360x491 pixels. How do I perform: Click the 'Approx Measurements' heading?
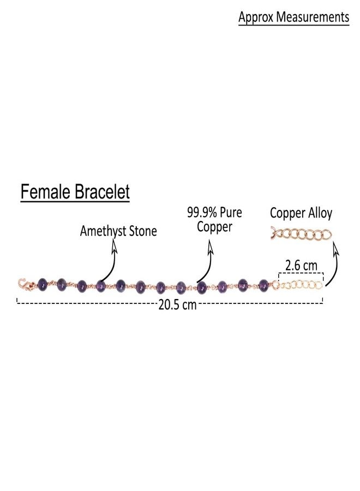tap(293, 17)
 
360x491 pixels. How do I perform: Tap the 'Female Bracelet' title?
tap(75, 191)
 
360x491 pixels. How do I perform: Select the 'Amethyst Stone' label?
tap(118, 231)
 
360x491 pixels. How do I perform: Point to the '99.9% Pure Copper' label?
tap(214, 219)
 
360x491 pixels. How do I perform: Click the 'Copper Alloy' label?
tap(301, 213)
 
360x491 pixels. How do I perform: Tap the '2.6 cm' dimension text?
tap(301, 266)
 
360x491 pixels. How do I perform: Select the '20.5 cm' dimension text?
tap(177, 304)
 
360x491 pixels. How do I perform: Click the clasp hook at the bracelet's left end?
tap(26, 284)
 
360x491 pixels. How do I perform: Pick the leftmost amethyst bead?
tap(42, 284)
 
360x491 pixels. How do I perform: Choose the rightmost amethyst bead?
tap(263, 285)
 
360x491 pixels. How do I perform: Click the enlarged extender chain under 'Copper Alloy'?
tap(301, 234)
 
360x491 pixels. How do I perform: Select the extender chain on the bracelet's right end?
tap(297, 285)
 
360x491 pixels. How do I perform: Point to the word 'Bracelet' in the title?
tap(102, 191)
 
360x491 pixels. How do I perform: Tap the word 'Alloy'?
tap(320, 213)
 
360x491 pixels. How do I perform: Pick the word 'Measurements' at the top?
tap(313, 17)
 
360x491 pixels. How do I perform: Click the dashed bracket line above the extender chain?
tap(301, 273)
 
